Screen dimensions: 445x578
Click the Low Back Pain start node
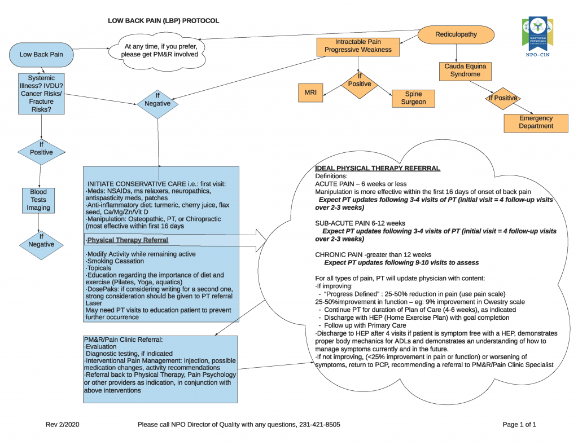point(41,55)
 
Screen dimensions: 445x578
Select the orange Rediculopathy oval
point(456,34)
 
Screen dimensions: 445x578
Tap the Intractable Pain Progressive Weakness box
point(358,46)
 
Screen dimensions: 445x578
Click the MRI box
point(311,92)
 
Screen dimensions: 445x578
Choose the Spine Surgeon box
point(413,98)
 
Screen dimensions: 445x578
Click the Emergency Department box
point(536,122)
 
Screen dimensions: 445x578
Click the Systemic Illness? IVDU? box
point(41,94)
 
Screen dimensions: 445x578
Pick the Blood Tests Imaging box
point(38,200)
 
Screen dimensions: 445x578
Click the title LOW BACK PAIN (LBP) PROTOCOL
point(163,21)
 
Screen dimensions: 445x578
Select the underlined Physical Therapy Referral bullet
point(128,240)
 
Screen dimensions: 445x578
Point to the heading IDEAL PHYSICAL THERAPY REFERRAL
point(377,169)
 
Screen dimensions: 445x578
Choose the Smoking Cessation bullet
point(115,261)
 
